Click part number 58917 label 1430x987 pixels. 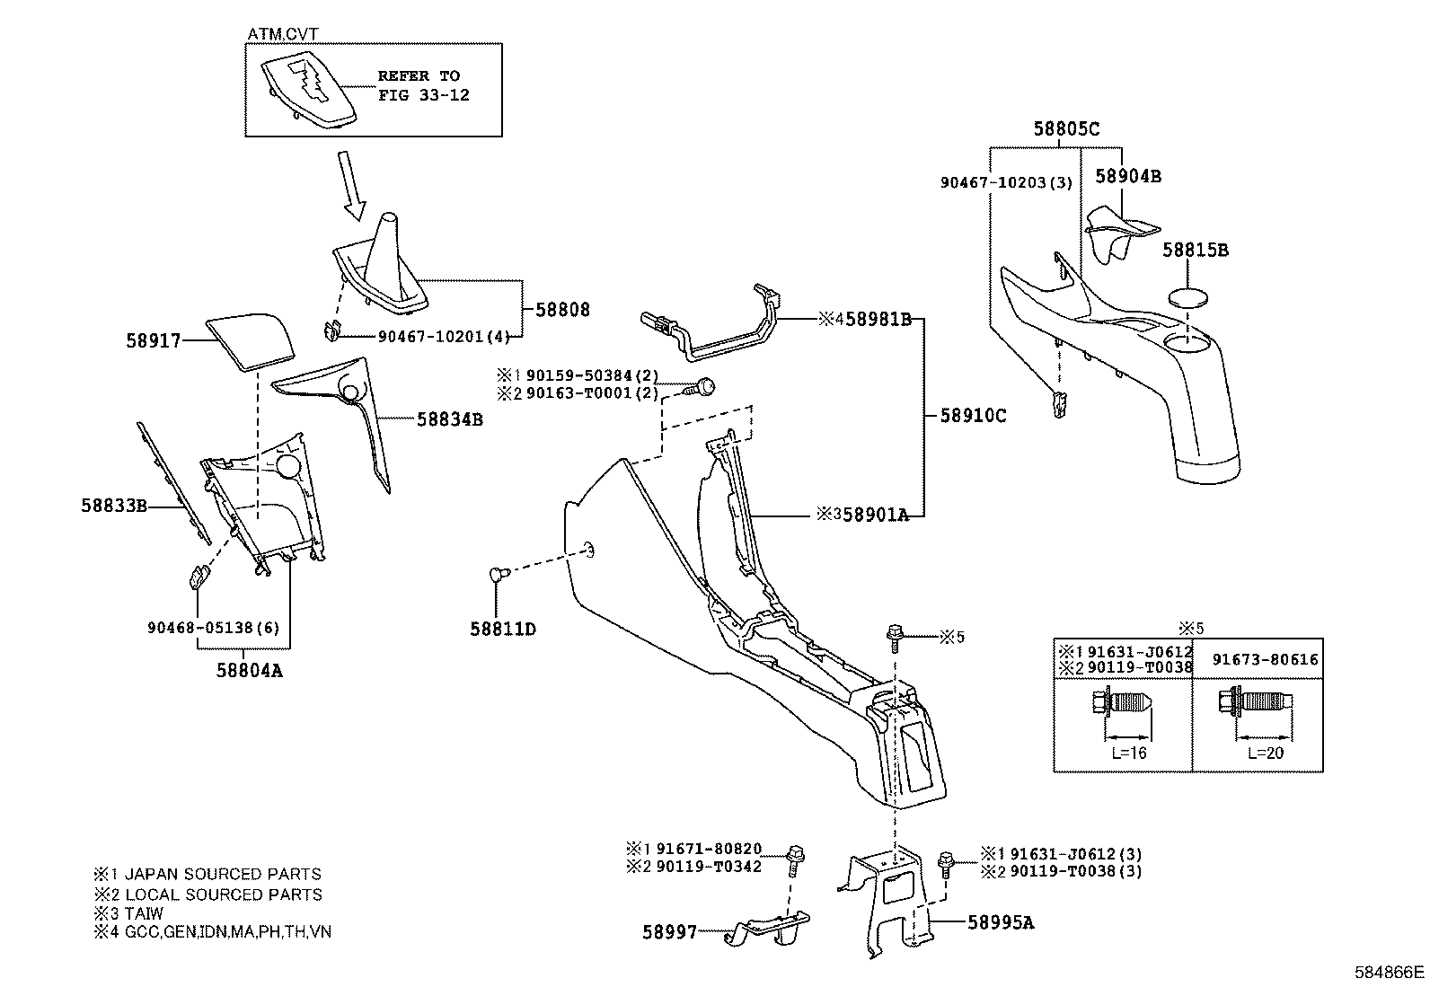pyautogui.click(x=153, y=341)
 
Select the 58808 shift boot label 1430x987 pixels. pyautogui.click(x=562, y=310)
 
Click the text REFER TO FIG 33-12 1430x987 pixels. pyautogui.click(x=423, y=85)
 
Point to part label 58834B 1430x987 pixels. pyautogui.click(x=449, y=419)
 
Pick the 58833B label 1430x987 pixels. pyautogui.click(x=114, y=506)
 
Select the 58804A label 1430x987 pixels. pyautogui.click(x=249, y=669)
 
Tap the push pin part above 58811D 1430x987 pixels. pyautogui.click(x=499, y=575)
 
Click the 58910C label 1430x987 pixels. pyautogui.click(x=973, y=416)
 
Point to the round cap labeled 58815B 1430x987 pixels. pyautogui.click(x=1189, y=297)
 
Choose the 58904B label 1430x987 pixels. pyautogui.click(x=1127, y=177)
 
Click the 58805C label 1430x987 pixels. pyautogui.click(x=1065, y=129)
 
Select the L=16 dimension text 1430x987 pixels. pyautogui.click(x=1128, y=753)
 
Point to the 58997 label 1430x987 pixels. pyautogui.click(x=669, y=933)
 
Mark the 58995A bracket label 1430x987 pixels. pyautogui.click(x=1001, y=922)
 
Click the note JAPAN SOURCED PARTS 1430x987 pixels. pyautogui.click(x=222, y=874)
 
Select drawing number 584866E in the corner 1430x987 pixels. pyautogui.click(x=1390, y=972)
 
